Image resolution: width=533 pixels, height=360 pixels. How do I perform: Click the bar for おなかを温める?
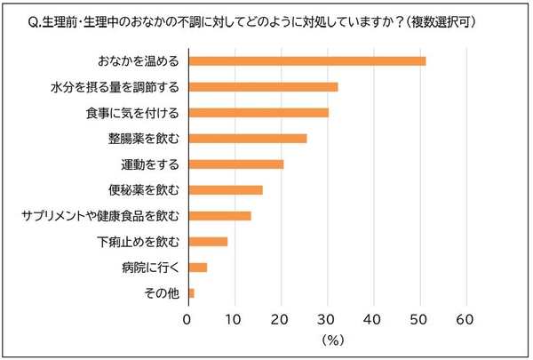[x=306, y=61]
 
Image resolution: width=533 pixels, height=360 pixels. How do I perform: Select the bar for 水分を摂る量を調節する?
[x=263, y=87]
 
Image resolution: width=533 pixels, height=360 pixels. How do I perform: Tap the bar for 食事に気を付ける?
[x=258, y=113]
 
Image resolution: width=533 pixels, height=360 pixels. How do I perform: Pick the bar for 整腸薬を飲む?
[x=247, y=139]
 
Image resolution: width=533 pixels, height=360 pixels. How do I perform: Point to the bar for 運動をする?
[x=235, y=164]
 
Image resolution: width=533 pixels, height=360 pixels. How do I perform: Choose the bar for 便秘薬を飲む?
[x=225, y=190]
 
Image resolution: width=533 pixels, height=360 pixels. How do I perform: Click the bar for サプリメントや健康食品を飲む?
[x=219, y=216]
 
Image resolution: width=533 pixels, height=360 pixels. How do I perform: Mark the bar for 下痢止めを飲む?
[x=208, y=242]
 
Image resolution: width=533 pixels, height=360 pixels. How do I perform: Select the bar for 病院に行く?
[x=197, y=268]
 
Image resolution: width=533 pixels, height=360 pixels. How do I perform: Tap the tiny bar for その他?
[x=191, y=293]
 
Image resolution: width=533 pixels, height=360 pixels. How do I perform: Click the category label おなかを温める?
[x=139, y=61]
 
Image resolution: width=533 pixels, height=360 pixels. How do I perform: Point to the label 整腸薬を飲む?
[x=145, y=139]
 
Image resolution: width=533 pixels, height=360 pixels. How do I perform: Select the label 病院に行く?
[x=151, y=268]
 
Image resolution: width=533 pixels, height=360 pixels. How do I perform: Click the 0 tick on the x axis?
[x=187, y=317]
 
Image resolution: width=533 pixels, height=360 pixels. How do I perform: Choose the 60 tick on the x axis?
[x=465, y=317]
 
